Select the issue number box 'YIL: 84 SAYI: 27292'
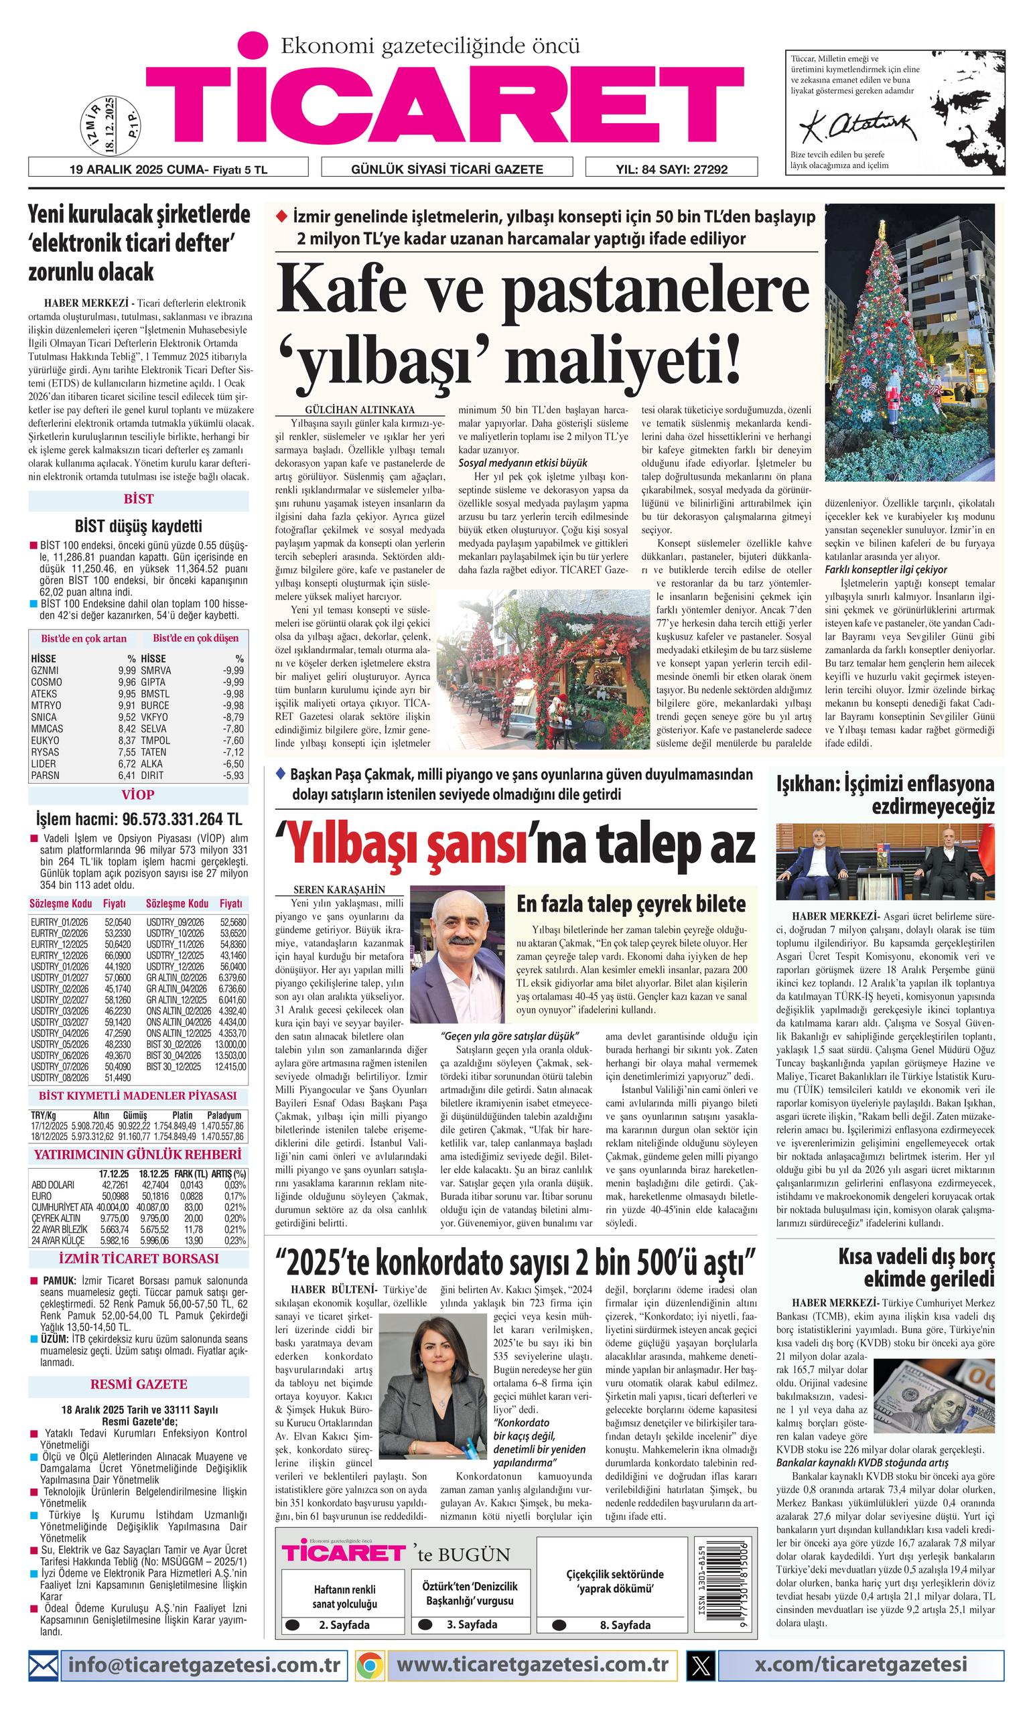tap(671, 168)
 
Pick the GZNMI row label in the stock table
tap(45, 670)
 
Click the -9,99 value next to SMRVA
tap(232, 670)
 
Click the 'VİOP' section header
tap(138, 794)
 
